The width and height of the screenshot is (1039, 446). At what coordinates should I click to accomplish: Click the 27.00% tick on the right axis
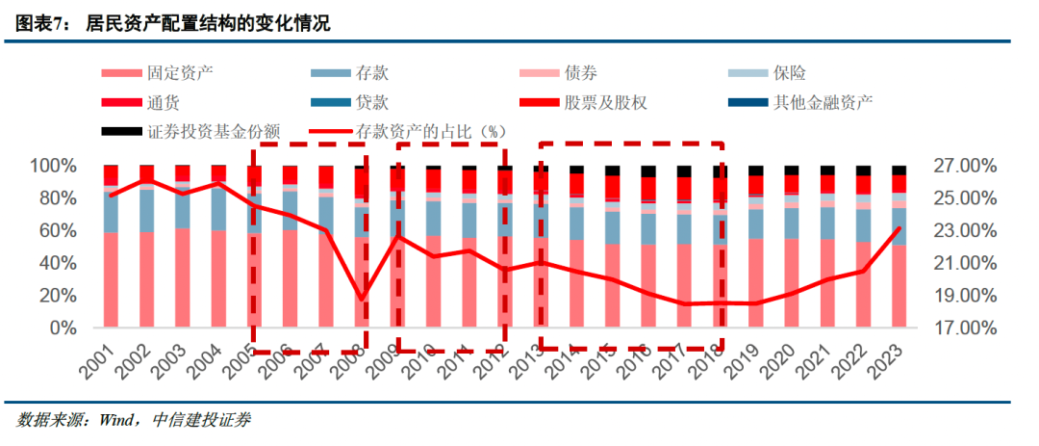tap(964, 166)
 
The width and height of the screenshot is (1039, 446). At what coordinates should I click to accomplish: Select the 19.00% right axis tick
tap(964, 296)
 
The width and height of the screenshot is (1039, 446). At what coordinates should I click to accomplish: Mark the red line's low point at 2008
tap(361, 300)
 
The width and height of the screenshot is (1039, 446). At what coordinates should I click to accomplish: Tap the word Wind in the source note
tap(115, 420)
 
